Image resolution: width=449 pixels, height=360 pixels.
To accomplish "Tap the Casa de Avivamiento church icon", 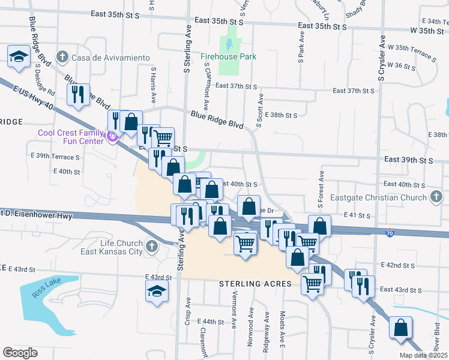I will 61,58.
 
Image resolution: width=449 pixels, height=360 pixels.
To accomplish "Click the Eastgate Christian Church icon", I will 436,196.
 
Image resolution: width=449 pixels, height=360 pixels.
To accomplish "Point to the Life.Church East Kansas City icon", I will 151,246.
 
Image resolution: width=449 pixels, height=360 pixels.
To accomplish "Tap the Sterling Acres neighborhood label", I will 255,284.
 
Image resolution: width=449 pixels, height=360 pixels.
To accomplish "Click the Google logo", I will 20,352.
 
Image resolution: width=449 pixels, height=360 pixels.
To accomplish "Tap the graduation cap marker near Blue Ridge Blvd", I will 19,57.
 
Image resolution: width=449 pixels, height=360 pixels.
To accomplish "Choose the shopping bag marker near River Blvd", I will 400,329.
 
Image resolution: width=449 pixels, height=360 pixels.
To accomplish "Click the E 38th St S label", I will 284,115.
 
